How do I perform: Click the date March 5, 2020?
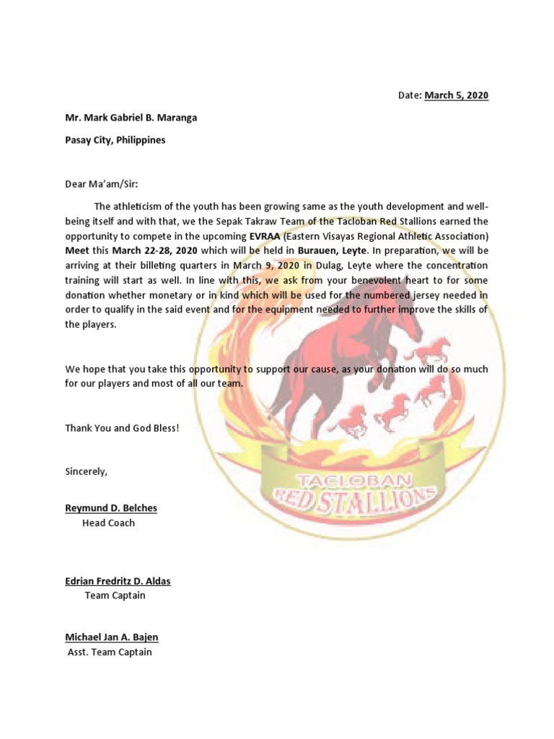click(x=456, y=95)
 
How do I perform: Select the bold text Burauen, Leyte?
click(x=335, y=250)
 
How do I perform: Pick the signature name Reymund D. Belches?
click(x=111, y=508)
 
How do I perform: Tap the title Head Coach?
click(x=108, y=522)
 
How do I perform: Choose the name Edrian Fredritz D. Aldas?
click(x=118, y=581)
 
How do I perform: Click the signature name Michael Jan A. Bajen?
click(x=112, y=637)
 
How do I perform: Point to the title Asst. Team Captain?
click(x=110, y=652)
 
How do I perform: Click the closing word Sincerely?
click(x=87, y=471)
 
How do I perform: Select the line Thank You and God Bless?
click(x=121, y=428)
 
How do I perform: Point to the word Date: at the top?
click(x=410, y=95)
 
